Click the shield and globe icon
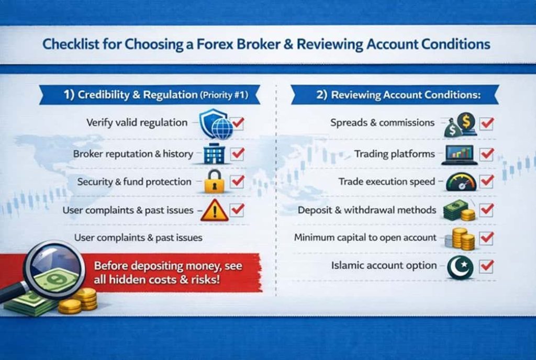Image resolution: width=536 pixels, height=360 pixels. tap(216, 125)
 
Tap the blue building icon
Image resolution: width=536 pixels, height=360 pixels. tap(213, 154)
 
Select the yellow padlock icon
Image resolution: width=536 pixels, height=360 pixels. tap(214, 181)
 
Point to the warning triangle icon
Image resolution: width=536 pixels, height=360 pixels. tap(214, 210)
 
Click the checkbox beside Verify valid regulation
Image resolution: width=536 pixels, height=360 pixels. tap(238, 123)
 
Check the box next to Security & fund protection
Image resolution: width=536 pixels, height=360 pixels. tap(238, 181)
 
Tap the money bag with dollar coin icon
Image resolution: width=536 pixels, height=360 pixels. tap(461, 125)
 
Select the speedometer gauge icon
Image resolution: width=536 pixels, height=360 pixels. tap(461, 182)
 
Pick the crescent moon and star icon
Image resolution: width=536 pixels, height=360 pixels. tap(461, 267)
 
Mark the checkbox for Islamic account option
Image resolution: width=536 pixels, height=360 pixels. tap(487, 266)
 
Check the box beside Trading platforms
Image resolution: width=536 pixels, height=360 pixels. tap(487, 154)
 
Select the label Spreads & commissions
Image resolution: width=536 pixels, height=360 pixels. tap(382, 123)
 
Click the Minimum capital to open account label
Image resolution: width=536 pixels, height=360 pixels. tap(365, 238)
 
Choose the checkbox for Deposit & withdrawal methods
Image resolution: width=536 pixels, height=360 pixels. tap(487, 210)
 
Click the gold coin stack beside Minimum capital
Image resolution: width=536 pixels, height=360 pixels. tap(462, 239)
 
